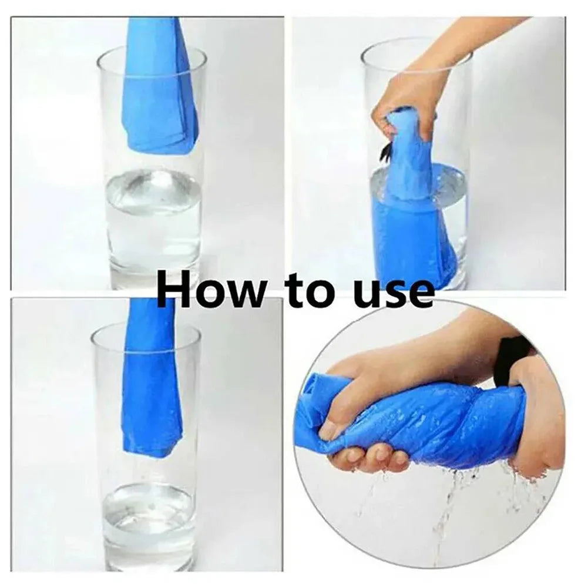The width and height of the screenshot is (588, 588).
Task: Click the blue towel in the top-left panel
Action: (159, 88)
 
